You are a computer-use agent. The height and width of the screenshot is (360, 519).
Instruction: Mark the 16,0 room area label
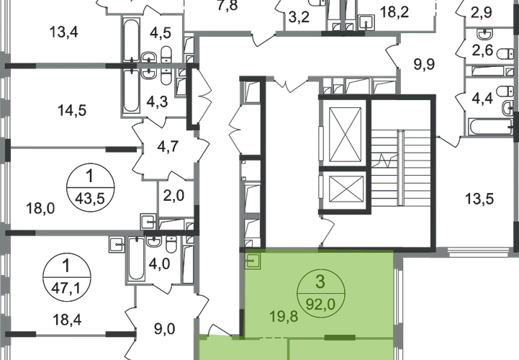[x=42, y=210]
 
